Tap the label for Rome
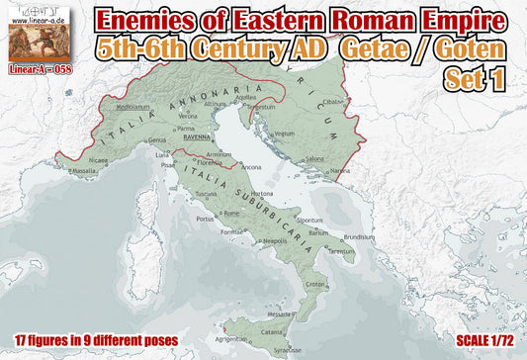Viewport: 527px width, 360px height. pos(230,212)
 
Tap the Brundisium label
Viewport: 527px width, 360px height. pos(361,237)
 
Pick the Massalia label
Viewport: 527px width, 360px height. pos(85,170)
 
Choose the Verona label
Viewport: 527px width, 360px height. pos(188,116)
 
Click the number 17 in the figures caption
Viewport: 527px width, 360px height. pos(23,340)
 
